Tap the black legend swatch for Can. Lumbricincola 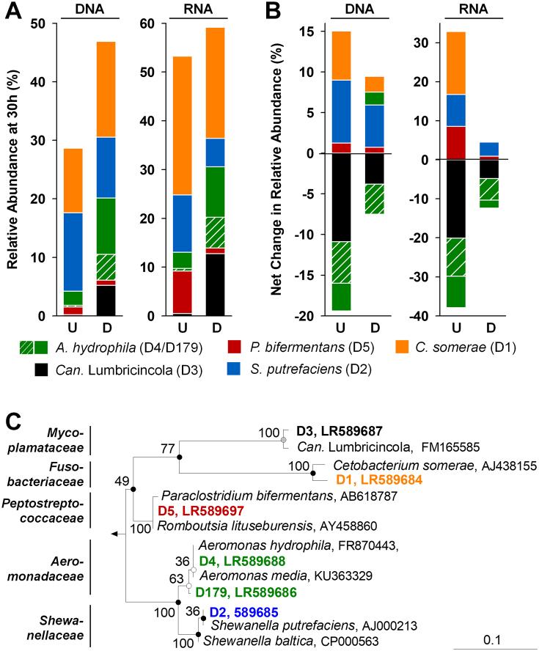43,369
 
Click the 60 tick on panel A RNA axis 156,23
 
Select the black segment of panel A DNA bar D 106,301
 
